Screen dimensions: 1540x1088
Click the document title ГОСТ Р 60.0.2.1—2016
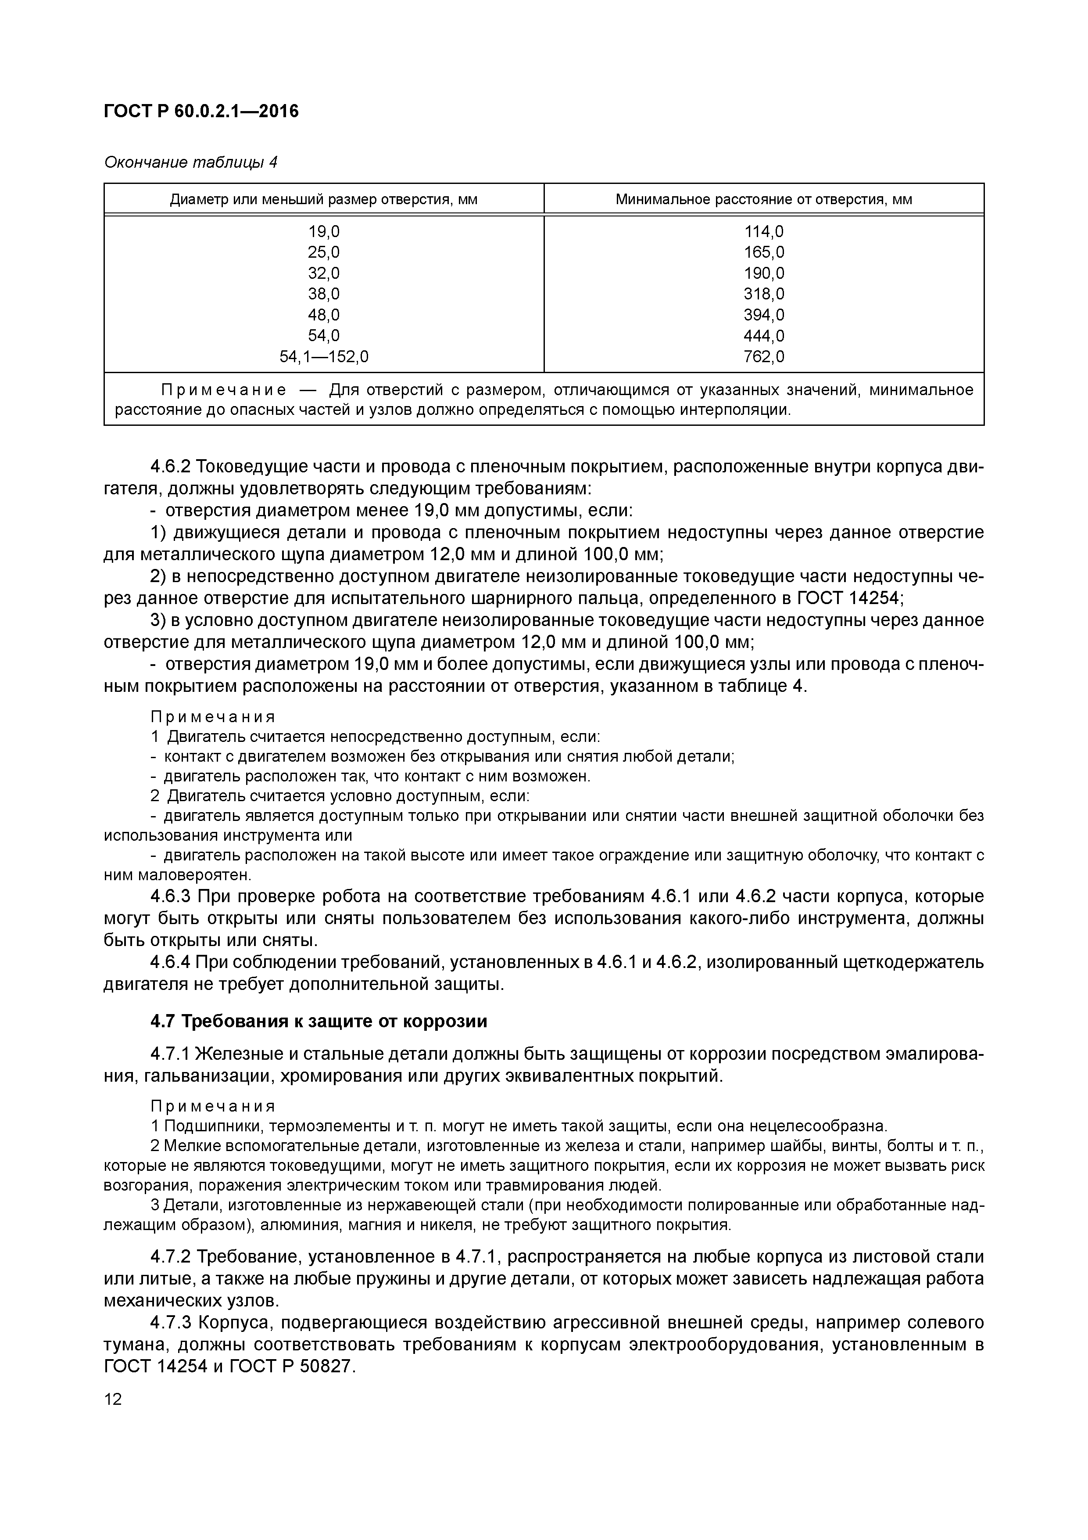[x=201, y=111]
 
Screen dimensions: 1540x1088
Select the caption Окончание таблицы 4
[x=190, y=162]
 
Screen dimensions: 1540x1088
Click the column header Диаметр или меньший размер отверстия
[x=323, y=199]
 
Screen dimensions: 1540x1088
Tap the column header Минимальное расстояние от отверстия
[x=763, y=199]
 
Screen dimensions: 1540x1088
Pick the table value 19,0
[x=323, y=231]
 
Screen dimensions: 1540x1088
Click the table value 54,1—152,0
[x=323, y=356]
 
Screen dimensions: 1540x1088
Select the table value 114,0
[x=763, y=231]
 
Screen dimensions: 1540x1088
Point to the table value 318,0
[x=763, y=294]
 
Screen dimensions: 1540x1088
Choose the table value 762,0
[x=763, y=356]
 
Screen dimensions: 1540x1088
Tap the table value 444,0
[x=763, y=335]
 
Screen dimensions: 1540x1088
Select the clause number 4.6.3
[x=170, y=897]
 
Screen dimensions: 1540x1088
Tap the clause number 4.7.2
[x=170, y=1256]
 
